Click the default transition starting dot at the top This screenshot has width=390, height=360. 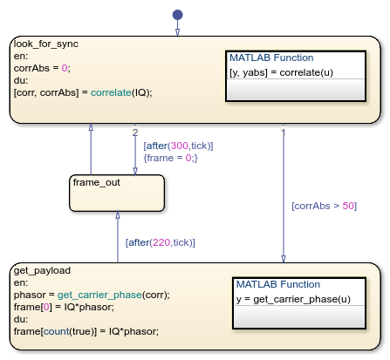coord(177,15)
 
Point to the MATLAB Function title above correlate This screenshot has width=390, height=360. coord(270,57)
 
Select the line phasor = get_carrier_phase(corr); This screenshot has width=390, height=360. coord(92,294)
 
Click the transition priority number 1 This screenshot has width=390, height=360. coord(284,132)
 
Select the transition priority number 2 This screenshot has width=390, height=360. coord(135,132)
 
